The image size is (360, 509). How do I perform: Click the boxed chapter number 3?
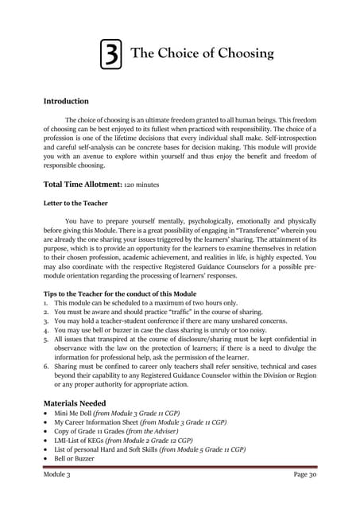pos(112,55)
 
